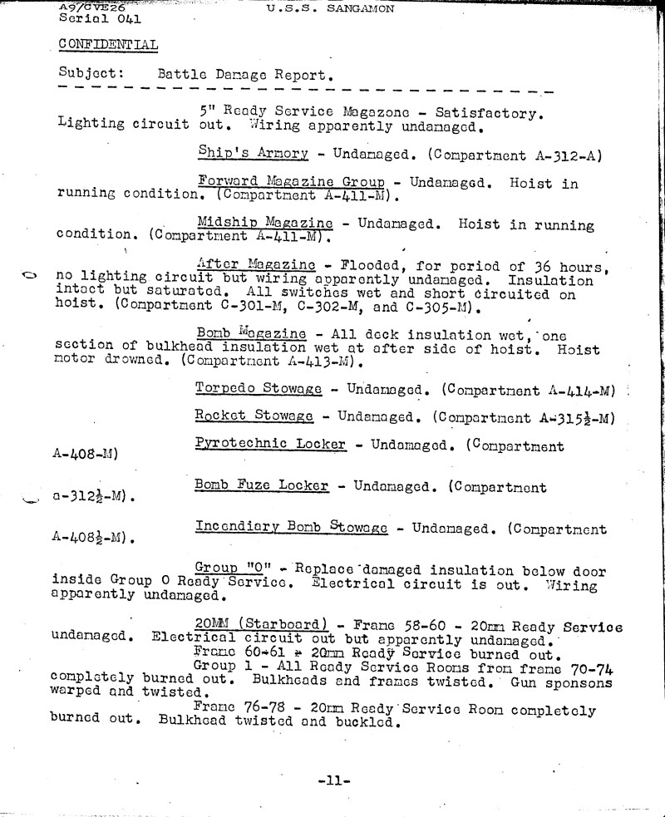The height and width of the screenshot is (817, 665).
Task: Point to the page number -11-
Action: point(335,780)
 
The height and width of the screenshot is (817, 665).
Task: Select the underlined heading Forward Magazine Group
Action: point(291,183)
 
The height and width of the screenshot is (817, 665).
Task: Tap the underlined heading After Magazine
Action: point(257,264)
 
